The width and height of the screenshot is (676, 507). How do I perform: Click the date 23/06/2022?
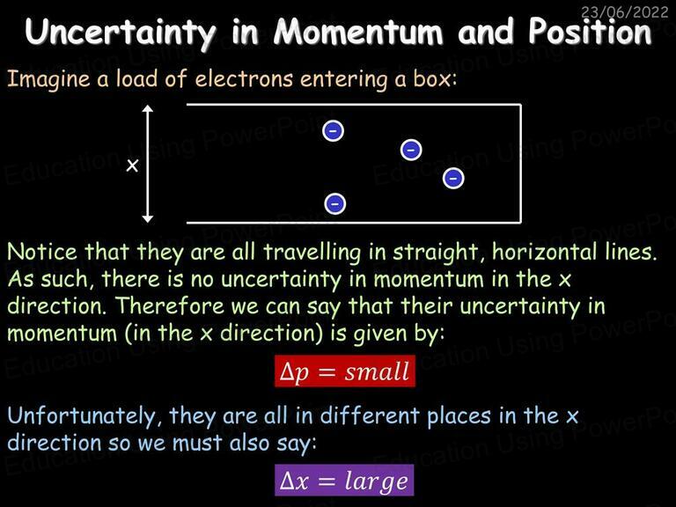point(624,12)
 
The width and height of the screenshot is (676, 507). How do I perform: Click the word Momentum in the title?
point(358,32)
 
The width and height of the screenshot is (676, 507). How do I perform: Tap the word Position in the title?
point(591,32)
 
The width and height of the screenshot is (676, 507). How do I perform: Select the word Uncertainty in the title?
point(121,33)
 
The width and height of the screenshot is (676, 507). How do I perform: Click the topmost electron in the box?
point(334,130)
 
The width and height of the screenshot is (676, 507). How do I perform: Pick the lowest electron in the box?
point(335,203)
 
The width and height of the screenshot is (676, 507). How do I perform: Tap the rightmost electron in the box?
point(453,178)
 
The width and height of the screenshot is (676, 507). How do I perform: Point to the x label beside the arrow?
point(132,165)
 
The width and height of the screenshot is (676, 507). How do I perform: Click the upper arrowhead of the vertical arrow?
point(148,108)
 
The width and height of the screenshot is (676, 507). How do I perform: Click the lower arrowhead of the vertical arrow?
point(148,218)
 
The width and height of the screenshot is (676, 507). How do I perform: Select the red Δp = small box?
point(345,371)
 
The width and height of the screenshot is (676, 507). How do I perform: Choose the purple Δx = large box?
point(344,481)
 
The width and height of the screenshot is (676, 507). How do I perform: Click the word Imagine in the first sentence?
point(48,81)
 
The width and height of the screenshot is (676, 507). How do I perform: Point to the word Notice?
point(42,252)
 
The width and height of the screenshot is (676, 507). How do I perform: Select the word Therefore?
point(170,306)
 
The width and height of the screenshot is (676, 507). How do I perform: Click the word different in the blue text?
point(370,415)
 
